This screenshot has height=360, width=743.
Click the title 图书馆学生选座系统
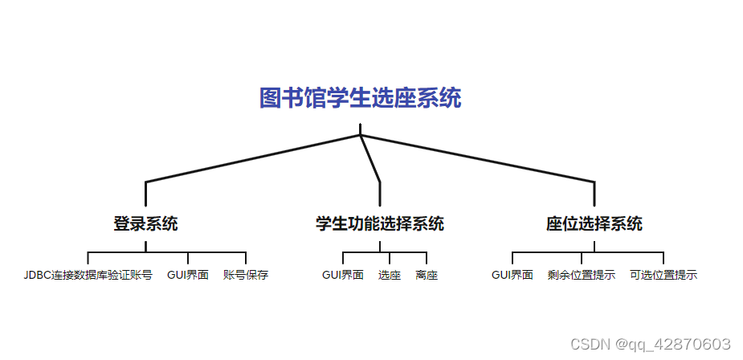pos(360,99)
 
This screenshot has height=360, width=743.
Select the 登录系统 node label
pos(145,224)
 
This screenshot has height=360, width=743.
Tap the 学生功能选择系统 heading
pos(379,224)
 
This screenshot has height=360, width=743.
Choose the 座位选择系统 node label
pos(594,224)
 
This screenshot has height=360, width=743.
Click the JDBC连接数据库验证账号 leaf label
pos(88,275)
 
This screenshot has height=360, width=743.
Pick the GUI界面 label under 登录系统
pos(188,275)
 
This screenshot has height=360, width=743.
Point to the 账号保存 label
pos(246,275)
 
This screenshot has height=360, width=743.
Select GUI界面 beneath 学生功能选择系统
pos(343,275)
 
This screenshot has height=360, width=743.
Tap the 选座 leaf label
pos(390,275)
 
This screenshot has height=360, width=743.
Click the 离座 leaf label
pos(427,275)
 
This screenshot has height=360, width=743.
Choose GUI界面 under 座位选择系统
pos(512,275)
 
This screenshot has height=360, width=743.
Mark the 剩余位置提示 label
pos(582,275)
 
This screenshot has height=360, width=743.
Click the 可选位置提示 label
pos(663,275)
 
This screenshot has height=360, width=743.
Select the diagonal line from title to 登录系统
pos(253,158)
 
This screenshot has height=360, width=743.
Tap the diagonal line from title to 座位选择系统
pos(477,158)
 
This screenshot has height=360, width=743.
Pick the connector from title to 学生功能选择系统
pos(370,160)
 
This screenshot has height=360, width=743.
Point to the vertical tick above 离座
pos(426,259)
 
